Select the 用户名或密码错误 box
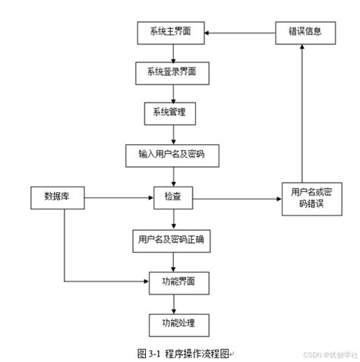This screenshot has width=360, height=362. coord(305,198)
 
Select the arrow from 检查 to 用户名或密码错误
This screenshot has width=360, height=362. coord(235,198)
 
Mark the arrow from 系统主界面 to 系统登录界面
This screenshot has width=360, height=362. coord(174,53)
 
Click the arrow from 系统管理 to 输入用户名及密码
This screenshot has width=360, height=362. coord(174,134)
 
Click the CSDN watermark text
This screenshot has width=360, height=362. coord(328,354)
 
